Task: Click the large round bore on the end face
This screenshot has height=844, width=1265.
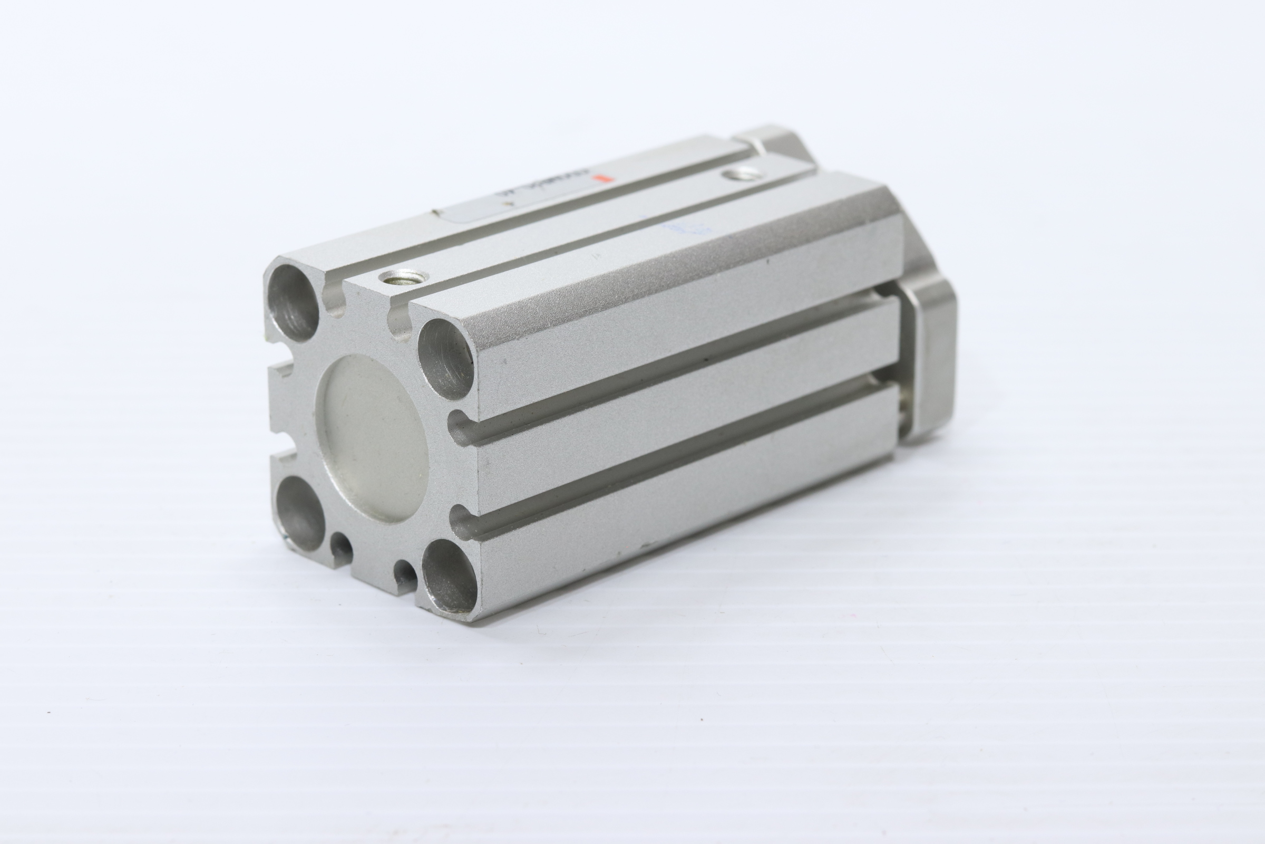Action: coord(376,439)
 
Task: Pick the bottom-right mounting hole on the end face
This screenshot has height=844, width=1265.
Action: coord(449,576)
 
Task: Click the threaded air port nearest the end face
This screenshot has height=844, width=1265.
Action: coord(401,278)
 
